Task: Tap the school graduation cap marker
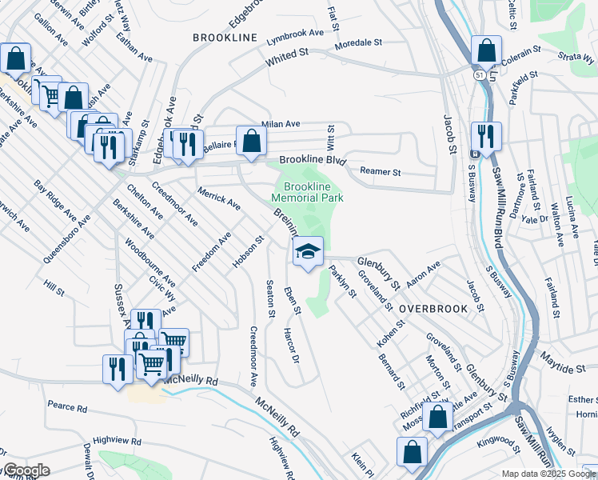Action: pos(308,252)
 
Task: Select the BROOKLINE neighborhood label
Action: pos(225,38)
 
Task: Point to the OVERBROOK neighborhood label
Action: pos(427,308)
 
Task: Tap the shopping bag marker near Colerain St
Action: pos(486,51)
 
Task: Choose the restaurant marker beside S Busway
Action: pos(485,137)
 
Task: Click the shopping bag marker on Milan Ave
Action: pos(251,142)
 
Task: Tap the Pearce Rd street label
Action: pos(67,408)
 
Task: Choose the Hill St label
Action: pos(54,286)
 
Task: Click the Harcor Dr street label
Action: pos(291,338)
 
